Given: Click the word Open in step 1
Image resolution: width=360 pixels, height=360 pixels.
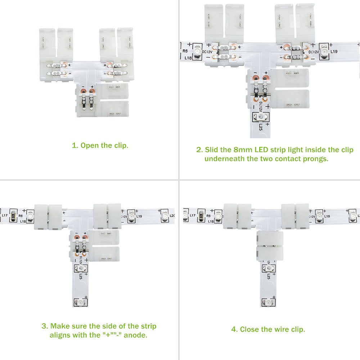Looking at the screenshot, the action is tap(90, 145).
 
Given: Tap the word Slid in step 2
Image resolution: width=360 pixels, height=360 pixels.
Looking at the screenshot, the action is tap(211, 150).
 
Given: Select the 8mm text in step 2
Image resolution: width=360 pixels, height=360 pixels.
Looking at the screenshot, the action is tap(243, 150).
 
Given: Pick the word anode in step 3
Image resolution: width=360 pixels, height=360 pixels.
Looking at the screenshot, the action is tap(135, 335).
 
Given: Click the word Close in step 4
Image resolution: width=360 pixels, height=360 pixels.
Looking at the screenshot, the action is tap(249, 329).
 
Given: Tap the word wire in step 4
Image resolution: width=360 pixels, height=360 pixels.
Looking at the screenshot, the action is tap(282, 329).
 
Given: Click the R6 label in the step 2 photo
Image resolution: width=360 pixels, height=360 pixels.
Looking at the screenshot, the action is tap(185, 51).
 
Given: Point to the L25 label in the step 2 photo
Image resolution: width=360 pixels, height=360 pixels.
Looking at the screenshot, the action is tap(261, 127).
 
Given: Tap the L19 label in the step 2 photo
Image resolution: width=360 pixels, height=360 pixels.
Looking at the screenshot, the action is tap(334, 51).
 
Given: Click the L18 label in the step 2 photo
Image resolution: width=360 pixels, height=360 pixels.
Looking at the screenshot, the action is tap(188, 58).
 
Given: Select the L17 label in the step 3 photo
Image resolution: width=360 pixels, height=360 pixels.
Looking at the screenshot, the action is tap(5, 215).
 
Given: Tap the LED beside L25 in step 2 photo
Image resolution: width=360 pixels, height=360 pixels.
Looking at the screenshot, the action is tap(260, 117).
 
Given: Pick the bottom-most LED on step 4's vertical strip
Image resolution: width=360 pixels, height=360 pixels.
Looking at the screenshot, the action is tap(268, 303).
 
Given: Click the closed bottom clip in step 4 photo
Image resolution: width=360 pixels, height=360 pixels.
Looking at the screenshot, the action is tap(270, 246).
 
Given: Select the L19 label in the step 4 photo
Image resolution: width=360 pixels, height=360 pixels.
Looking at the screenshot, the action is tap(327, 216).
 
